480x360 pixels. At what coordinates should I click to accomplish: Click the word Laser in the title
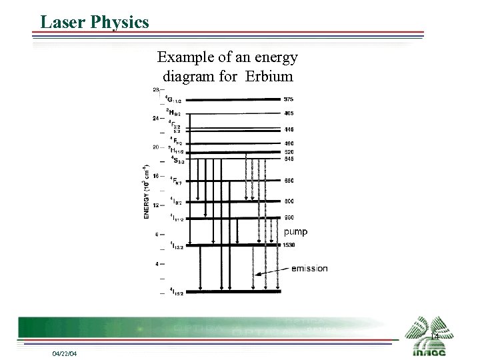(x=62, y=23)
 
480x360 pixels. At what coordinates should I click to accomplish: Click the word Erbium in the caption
(x=269, y=76)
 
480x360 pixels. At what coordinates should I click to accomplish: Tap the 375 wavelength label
(x=288, y=99)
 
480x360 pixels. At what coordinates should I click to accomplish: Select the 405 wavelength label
(x=288, y=113)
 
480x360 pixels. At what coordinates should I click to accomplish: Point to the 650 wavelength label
(x=288, y=181)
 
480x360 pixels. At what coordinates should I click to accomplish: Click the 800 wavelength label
(x=288, y=201)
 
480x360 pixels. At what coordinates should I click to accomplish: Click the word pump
(x=295, y=232)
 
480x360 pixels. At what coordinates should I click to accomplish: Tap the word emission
(x=309, y=269)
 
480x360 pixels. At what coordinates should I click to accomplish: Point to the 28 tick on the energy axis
(x=155, y=89)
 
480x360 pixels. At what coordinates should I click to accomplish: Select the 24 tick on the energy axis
(x=155, y=118)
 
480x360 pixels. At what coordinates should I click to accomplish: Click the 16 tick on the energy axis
(x=155, y=176)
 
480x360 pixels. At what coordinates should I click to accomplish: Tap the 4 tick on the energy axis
(x=157, y=263)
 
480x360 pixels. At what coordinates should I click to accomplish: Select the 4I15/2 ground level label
(x=177, y=291)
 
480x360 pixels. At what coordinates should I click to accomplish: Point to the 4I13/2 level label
(x=177, y=245)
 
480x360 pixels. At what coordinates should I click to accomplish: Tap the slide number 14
(x=434, y=337)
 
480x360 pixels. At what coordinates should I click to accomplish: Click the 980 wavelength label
(x=288, y=218)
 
